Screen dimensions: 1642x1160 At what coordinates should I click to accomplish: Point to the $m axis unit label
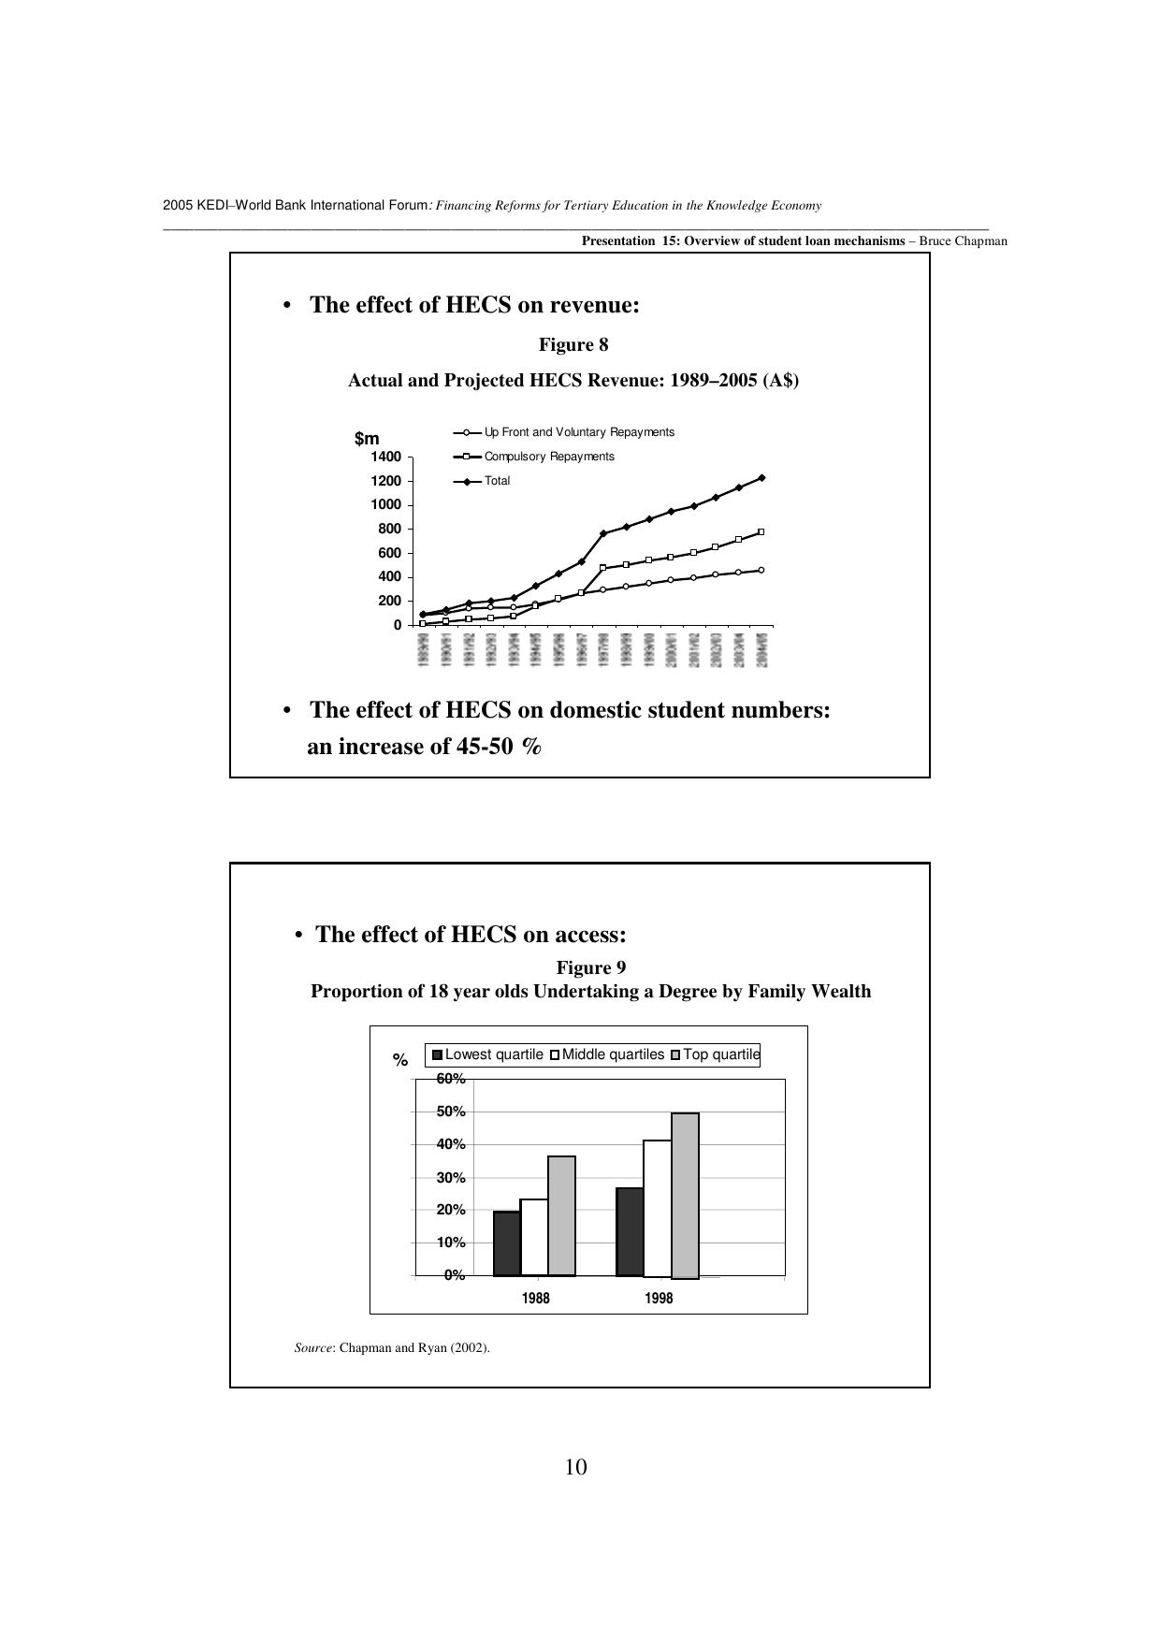(367, 439)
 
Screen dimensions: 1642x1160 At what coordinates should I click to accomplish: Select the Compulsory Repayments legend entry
(548, 457)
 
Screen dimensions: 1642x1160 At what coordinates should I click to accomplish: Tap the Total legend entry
(497, 481)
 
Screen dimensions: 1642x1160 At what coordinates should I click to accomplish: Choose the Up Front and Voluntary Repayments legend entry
(578, 432)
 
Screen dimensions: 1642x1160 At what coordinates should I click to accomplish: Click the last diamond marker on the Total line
(761, 478)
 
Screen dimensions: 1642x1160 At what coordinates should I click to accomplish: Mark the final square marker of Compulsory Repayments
(761, 532)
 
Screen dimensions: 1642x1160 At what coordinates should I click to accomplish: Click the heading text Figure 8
(573, 345)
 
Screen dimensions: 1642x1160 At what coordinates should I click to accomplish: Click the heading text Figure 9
(590, 966)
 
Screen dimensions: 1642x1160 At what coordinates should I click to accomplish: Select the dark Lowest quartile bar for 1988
(506, 1243)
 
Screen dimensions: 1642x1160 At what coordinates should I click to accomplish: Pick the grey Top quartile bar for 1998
(685, 1195)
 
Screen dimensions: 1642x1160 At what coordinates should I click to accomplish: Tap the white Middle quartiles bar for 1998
(657, 1208)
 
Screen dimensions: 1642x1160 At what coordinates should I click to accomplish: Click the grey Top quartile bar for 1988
(561, 1215)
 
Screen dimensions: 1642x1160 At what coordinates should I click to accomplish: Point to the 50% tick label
(451, 1112)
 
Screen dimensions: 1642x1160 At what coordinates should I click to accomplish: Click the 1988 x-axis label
(536, 1299)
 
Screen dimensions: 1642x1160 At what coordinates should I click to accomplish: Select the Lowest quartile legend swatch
(437, 1055)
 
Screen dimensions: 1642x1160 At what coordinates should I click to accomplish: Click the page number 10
(576, 1467)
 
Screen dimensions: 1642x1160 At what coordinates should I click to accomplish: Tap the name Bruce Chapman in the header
(963, 241)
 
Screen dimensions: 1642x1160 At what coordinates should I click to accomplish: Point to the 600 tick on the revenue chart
(389, 553)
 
